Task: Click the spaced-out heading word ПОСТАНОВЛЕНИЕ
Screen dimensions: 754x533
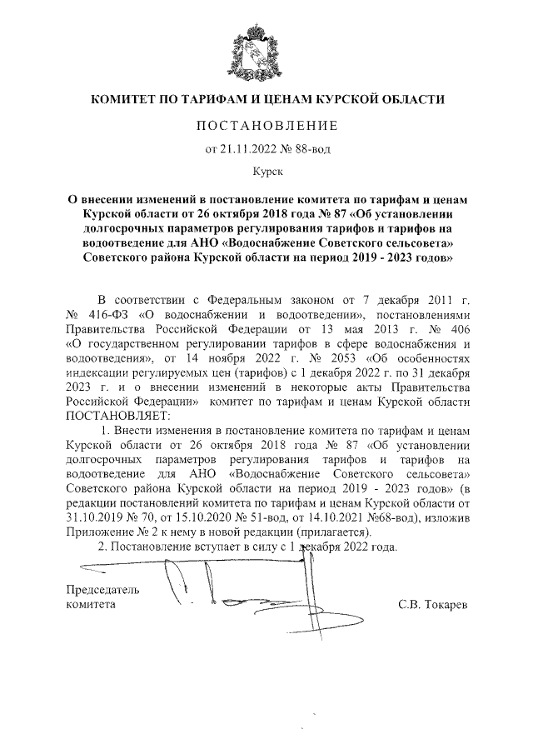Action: pos(267,126)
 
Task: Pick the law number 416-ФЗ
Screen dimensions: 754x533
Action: pos(103,315)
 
